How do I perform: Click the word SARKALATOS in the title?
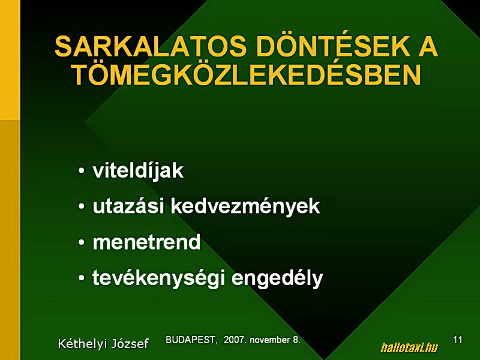click(x=151, y=47)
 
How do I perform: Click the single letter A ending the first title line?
click(x=428, y=47)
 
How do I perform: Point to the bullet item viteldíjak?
click(x=138, y=170)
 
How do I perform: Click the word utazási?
click(x=128, y=206)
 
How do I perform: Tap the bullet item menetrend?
click(x=146, y=242)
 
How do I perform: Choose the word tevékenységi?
click(x=158, y=278)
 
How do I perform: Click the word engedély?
click(x=277, y=278)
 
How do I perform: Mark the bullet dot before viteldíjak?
click(x=81, y=171)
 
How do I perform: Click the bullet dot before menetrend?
click(x=81, y=242)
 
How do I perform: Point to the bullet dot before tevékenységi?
click(x=81, y=278)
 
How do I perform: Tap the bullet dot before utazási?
click(x=81, y=206)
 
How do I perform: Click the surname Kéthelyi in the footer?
click(x=82, y=344)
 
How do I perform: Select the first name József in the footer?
click(x=130, y=344)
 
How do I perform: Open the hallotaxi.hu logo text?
click(x=409, y=347)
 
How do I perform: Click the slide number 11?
click(x=458, y=340)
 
